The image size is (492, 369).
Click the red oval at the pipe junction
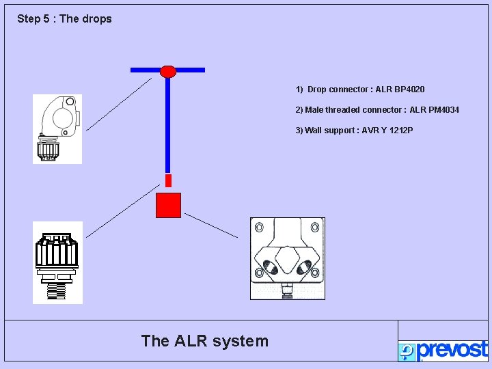[x=168, y=71]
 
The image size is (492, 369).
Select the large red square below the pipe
[x=168, y=205]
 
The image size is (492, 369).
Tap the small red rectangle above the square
[x=168, y=180]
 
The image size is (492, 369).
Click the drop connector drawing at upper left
[x=57, y=129]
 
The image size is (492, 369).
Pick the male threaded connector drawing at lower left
[x=57, y=262]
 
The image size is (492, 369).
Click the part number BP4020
[x=409, y=90]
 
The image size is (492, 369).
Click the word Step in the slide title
[x=28, y=19]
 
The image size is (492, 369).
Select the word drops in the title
[x=96, y=19]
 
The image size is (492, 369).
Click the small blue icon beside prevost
[x=407, y=352]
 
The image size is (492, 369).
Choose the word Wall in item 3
[x=314, y=131]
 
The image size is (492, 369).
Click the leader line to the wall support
[x=211, y=225]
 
